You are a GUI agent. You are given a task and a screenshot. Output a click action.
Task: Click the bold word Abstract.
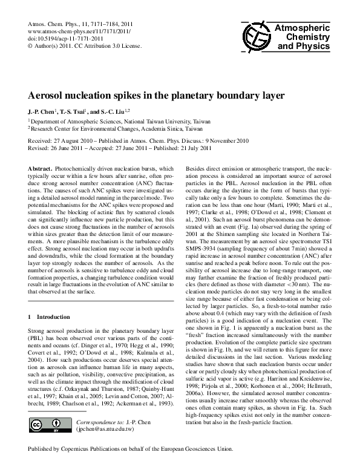(x=40, y=167)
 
